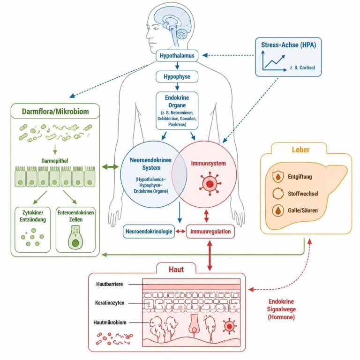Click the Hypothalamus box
[x=177, y=56]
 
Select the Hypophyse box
[x=177, y=77]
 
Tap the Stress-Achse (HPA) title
[x=288, y=45]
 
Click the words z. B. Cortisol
[x=302, y=67]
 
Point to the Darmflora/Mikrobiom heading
[x=55, y=112]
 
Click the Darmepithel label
[x=55, y=161]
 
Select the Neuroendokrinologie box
[x=149, y=231]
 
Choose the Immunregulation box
[x=210, y=231]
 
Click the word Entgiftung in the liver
[x=300, y=177]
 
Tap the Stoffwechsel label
[x=303, y=194]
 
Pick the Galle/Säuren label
[x=303, y=210]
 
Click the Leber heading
[x=300, y=150]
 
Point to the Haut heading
[x=176, y=269]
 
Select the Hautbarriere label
[x=110, y=284]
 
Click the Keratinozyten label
[x=110, y=303]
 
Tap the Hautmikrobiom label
[x=110, y=322]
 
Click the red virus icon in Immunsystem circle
[x=210, y=184]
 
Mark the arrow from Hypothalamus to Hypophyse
[x=177, y=66]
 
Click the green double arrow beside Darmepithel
[x=110, y=167]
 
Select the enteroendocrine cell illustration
[x=75, y=237]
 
